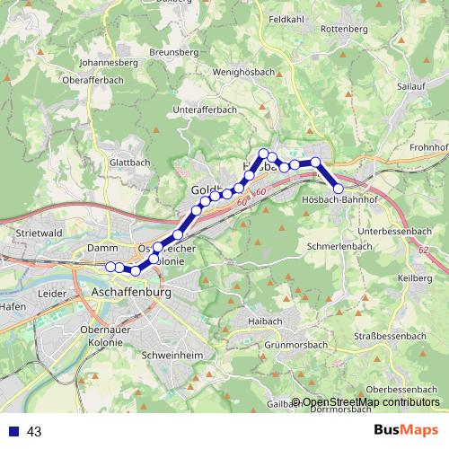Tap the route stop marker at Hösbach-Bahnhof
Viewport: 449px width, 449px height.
coord(339,189)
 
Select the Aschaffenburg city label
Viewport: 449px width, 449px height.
coord(131,293)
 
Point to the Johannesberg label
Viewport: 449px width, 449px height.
coord(109,64)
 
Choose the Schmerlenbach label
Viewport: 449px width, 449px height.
coord(339,245)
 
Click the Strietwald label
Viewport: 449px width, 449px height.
coord(38,232)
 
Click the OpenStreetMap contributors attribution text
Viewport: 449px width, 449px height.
coord(370,401)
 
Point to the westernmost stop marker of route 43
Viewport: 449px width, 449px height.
coord(110,266)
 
